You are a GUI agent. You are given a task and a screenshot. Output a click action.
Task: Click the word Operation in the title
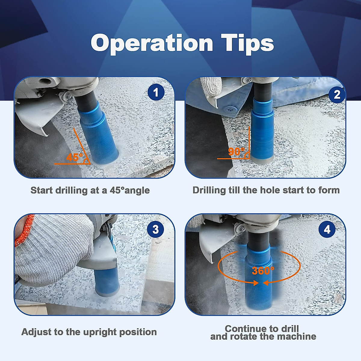tap(152, 43)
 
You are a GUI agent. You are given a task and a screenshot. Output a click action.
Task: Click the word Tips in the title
tap(247, 43)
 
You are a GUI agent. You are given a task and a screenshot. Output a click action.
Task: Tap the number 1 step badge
tap(156, 92)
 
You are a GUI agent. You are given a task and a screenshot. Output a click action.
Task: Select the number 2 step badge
tap(337, 94)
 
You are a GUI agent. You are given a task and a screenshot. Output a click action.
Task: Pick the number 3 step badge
tap(155, 230)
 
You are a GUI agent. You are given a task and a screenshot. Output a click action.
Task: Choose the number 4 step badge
tap(327, 230)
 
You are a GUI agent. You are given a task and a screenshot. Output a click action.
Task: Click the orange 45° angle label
tap(74, 157)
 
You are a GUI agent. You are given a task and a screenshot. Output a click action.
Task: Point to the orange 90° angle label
tap(236, 151)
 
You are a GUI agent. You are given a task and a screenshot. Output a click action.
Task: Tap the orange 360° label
tap(263, 271)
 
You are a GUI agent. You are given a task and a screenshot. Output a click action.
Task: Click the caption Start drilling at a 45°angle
tap(90, 190)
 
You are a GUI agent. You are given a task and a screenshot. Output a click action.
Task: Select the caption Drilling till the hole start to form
tap(266, 190)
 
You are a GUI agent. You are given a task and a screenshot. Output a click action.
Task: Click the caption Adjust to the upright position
tap(89, 332)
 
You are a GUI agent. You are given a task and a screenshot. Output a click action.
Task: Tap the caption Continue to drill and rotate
tap(263, 332)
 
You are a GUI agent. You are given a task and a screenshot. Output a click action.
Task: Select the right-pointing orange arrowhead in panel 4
tap(256, 283)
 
